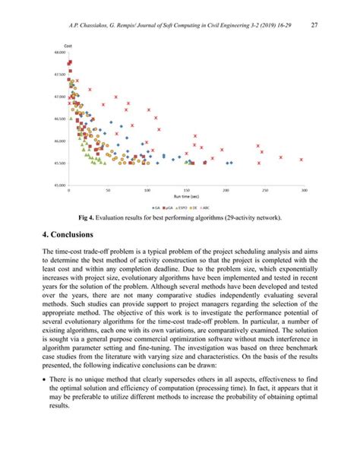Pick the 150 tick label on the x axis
186,190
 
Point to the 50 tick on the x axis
108,190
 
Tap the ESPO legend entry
184,208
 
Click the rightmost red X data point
302,160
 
